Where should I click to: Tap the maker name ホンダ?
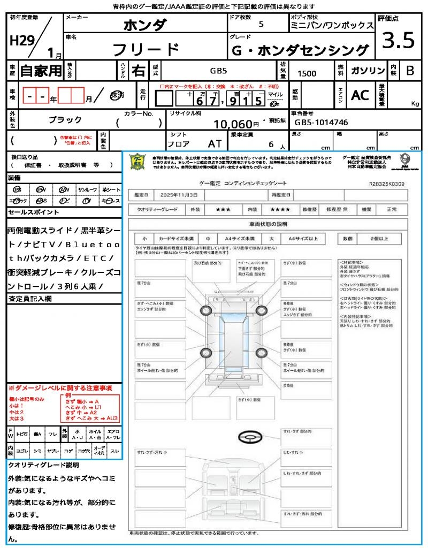pyautogui.click(x=145, y=25)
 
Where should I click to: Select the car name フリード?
pyautogui.click(x=146, y=49)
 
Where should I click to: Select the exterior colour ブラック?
pyautogui.click(x=66, y=120)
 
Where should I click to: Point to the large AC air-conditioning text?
pyautogui.click(x=360, y=95)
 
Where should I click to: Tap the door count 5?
pyautogui.click(x=261, y=24)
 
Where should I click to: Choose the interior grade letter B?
pyautogui.click(x=410, y=71)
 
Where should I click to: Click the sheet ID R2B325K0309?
pyautogui.click(x=386, y=184)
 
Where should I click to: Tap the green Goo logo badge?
pyautogui.click(x=137, y=161)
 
